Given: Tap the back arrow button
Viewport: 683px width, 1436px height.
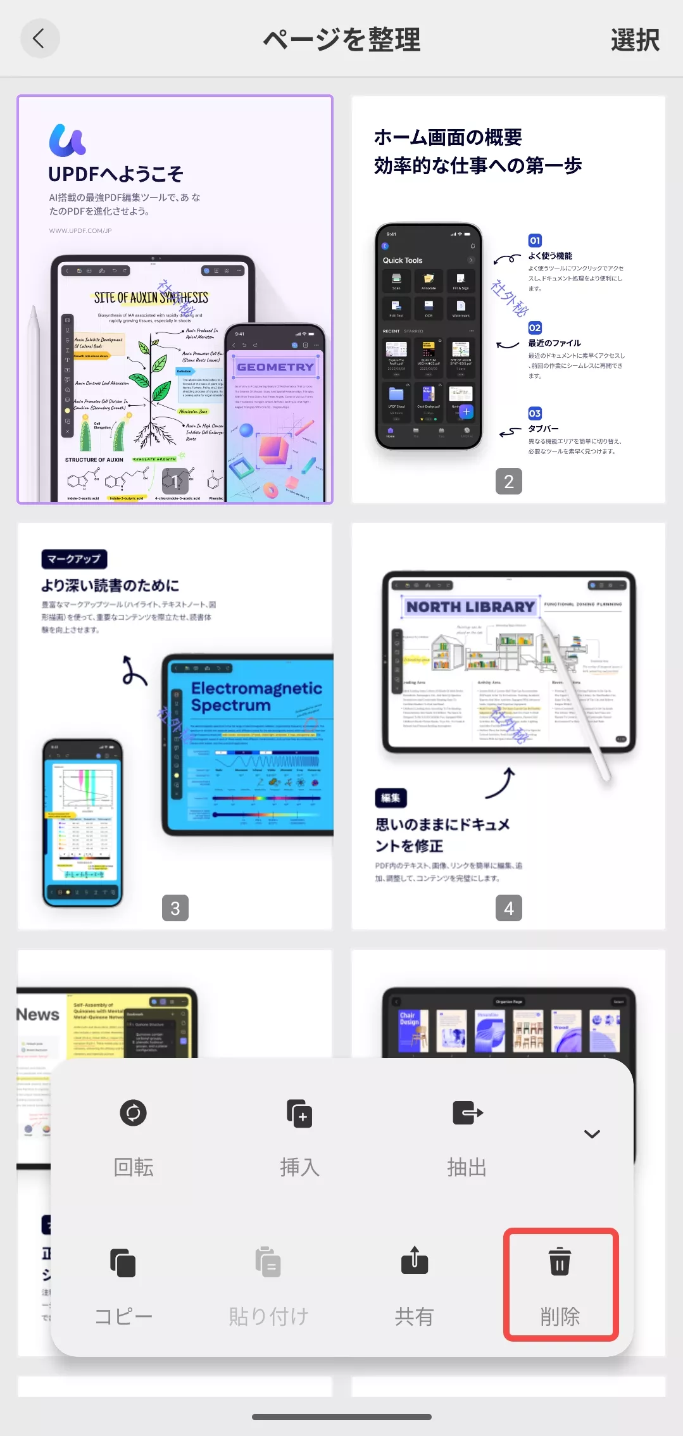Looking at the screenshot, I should coord(40,39).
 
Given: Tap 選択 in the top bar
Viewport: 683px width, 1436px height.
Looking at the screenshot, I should coord(634,40).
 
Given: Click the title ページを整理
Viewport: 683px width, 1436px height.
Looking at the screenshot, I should coord(342,40).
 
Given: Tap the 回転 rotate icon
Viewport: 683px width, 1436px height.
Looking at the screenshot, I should coord(134,1112).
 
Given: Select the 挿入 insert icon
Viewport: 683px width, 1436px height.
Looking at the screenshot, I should coord(299,1112).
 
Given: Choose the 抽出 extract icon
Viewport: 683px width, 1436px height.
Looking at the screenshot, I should coord(467,1112).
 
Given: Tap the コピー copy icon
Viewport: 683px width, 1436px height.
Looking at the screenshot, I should coord(123,1263).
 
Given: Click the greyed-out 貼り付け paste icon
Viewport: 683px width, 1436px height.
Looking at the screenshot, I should coord(268,1263).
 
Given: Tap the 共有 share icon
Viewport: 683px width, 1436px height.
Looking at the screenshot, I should coord(415,1261).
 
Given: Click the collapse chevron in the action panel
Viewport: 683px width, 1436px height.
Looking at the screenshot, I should coord(592,1134).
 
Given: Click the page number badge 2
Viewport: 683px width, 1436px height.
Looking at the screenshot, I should coord(508,482).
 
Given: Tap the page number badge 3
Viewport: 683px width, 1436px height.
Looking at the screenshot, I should coord(175,909).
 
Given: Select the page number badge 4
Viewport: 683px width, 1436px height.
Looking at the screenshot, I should coord(508,909).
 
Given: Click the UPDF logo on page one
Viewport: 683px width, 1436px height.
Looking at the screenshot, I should coord(67,141).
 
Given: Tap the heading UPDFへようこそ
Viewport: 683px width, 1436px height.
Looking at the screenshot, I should coord(116,174).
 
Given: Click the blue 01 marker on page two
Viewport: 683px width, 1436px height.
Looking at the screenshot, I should coord(535,241).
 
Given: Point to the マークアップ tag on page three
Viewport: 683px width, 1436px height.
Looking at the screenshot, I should coord(74,559).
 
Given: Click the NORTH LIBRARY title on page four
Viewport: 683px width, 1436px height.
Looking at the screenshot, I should coord(470,607).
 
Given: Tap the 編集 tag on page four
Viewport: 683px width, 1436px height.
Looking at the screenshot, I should coord(391,798).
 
